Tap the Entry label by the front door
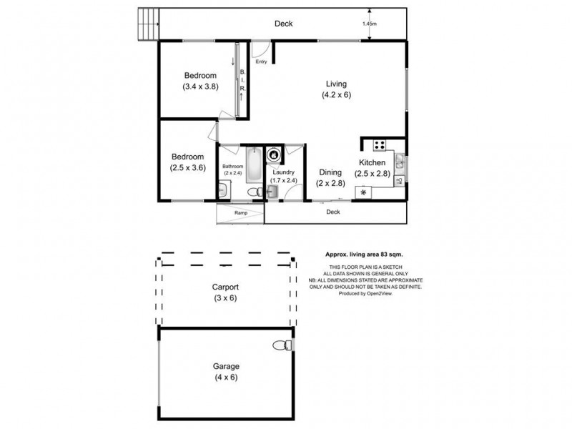(x=261, y=61)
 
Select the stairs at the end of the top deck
(x=146, y=24)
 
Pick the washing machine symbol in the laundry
(x=273, y=154)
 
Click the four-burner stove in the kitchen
(x=379, y=145)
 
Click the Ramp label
(x=241, y=213)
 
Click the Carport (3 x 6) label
(x=225, y=292)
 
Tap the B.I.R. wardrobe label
(x=242, y=84)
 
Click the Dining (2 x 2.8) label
(x=330, y=177)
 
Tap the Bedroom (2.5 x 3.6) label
(x=187, y=162)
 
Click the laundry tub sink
(x=272, y=191)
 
